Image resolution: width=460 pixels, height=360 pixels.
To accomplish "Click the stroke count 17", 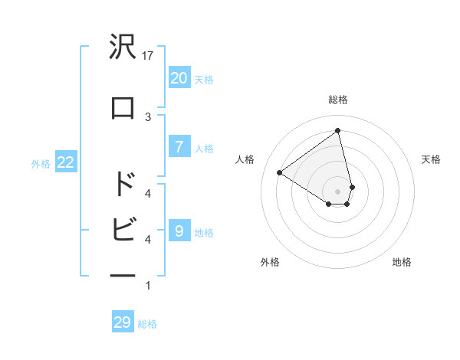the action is [148, 56].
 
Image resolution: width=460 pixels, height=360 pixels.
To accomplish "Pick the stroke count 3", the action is [148, 116].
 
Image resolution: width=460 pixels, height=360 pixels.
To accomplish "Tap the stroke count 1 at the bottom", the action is [148, 286].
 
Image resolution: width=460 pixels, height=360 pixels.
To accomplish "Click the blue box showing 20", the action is [179, 77].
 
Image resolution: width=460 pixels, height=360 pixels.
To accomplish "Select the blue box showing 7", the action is [179, 147].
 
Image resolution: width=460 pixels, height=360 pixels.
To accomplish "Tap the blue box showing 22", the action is [64, 162].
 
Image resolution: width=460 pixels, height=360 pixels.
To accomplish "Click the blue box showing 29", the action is [122, 322].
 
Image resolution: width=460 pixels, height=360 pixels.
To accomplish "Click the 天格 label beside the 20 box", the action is [204, 79].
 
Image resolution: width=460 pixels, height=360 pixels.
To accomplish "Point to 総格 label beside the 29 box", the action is [147, 324].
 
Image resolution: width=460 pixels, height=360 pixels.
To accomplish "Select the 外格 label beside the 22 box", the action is [41, 163].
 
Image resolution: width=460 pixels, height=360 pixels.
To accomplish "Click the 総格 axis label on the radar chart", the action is [337, 100].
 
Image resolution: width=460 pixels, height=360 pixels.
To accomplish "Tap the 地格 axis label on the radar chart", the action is [402, 262].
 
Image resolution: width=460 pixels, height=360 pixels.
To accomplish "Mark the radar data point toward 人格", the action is [280, 172].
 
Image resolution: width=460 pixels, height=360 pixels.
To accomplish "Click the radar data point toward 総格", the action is [337, 130].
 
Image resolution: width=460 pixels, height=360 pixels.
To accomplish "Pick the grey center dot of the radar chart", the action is [337, 191].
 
